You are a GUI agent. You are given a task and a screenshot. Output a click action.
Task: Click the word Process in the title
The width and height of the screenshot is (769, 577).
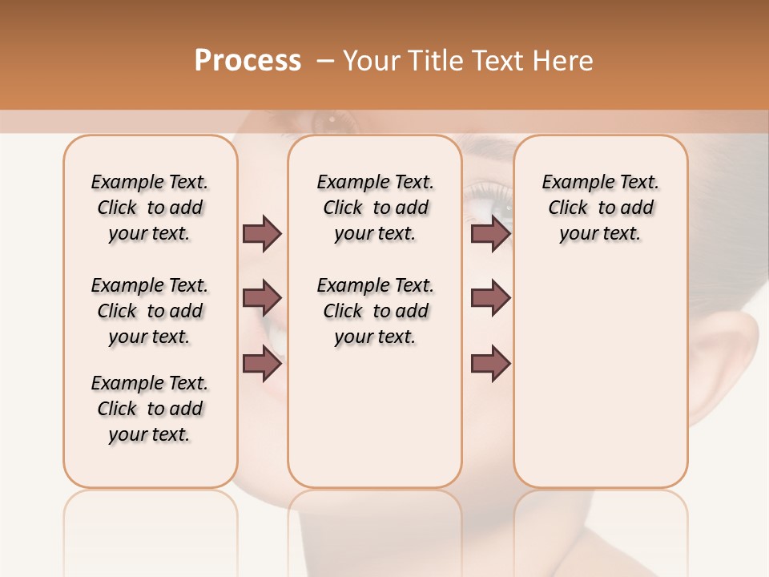248,61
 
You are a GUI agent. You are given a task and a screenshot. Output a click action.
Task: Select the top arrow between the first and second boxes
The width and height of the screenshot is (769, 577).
262,233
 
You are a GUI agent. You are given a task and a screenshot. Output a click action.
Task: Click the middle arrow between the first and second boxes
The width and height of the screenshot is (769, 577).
262,298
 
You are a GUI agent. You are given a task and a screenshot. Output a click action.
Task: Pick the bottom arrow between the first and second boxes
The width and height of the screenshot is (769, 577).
262,364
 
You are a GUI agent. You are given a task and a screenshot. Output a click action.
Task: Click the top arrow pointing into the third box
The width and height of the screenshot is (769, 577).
490,233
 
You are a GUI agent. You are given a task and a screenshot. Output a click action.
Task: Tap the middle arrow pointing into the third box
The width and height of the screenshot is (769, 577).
490,298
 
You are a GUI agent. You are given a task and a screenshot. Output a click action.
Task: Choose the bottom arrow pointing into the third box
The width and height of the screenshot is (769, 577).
490,364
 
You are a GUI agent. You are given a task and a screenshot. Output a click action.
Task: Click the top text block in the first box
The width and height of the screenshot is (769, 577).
150,208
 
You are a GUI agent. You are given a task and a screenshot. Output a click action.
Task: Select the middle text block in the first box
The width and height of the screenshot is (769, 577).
150,311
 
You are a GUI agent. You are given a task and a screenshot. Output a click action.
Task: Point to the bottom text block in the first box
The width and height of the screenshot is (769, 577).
150,409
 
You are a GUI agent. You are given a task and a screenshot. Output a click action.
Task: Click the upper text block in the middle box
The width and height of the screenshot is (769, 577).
375,208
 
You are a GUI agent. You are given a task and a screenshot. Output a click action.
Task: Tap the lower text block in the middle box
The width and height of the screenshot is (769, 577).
375,311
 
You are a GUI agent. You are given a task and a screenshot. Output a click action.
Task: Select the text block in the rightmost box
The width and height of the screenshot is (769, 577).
600,208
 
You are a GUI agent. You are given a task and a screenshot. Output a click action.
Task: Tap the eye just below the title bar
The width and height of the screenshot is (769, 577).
332,122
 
